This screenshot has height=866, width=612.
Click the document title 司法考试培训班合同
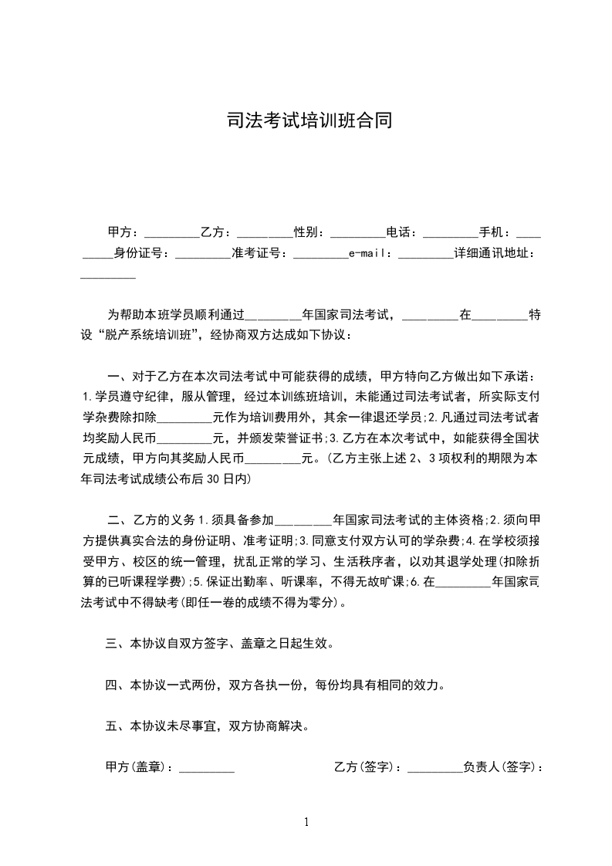(306, 121)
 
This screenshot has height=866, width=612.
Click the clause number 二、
(119, 519)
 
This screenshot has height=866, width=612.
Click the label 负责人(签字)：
(503, 767)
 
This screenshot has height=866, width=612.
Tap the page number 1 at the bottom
(307, 822)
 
